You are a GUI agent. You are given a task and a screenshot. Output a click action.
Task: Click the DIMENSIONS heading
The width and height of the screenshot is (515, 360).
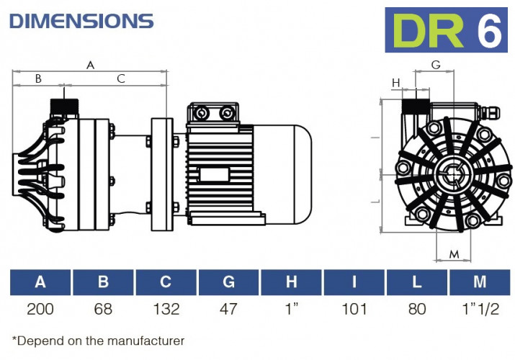[x=81, y=21]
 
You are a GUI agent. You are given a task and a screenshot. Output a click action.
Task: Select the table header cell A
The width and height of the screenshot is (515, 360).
[x=40, y=282]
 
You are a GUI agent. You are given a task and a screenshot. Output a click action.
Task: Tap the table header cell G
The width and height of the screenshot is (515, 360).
[x=228, y=282]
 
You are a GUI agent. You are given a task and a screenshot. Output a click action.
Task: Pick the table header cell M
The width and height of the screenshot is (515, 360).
[x=479, y=282]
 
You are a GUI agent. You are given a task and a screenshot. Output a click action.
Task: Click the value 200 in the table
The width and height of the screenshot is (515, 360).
[x=40, y=310]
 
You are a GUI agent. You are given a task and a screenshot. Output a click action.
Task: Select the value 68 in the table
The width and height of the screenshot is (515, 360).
[x=103, y=310]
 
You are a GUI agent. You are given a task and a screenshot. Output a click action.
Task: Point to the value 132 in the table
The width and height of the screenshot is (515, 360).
[x=166, y=310]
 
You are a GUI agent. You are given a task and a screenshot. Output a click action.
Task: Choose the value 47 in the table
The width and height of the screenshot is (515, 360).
[x=228, y=310]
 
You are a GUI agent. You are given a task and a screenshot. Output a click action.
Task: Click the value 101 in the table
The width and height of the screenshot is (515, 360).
[x=354, y=310]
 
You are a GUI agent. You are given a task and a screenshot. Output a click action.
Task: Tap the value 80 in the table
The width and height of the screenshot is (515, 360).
[x=416, y=310]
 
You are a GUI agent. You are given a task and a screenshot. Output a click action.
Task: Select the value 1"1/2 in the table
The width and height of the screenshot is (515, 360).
[x=479, y=310]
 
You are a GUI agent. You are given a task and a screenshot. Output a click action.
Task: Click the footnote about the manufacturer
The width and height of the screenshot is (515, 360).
[x=98, y=341]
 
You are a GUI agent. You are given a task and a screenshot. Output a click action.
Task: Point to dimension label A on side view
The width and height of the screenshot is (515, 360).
[x=90, y=65]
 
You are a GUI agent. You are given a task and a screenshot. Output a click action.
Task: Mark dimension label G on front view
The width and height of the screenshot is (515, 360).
[x=435, y=65]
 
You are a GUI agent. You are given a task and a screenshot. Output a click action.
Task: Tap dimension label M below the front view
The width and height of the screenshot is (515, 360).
[x=454, y=254]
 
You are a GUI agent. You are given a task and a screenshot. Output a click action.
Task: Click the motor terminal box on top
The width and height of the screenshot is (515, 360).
[x=213, y=114]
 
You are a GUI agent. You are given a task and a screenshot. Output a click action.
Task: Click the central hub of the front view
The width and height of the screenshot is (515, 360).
[x=453, y=174]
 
